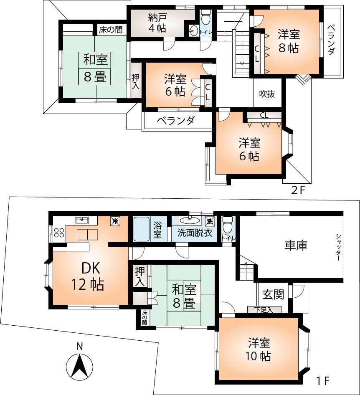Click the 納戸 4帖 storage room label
(157, 23)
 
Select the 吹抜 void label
(267, 94)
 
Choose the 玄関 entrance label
(273, 294)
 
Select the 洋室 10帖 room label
(259, 350)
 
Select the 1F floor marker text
(323, 381)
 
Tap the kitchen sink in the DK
(81, 220)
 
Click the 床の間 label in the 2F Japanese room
(110, 30)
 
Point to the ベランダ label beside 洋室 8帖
(331, 40)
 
